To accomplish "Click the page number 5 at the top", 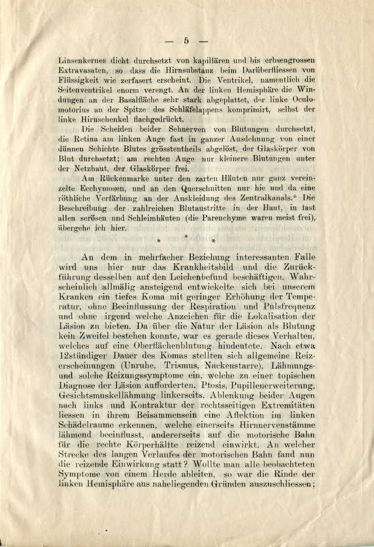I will tap(187, 40).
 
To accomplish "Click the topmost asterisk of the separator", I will tap(186, 235).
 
